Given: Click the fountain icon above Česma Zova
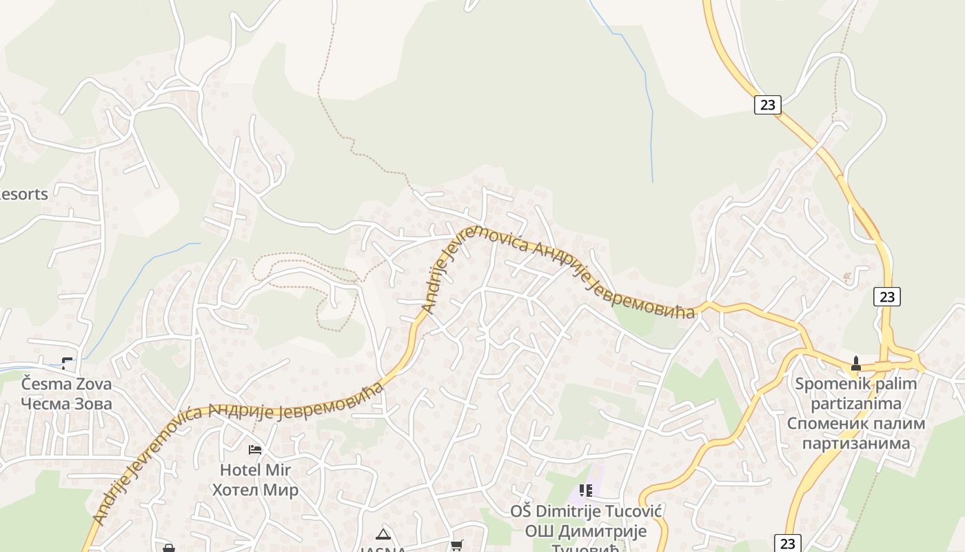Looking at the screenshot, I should pyautogui.click(x=67, y=363).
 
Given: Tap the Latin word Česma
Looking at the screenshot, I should pyautogui.click(x=47, y=384).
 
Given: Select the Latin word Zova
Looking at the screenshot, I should pyautogui.click(x=94, y=384).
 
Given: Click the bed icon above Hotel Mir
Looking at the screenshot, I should pyautogui.click(x=255, y=450).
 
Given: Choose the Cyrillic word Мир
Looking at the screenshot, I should pyautogui.click(x=283, y=490).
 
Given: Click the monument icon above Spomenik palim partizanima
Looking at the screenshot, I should pyautogui.click(x=856, y=364).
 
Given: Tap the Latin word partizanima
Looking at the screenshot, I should pyautogui.click(x=856, y=403).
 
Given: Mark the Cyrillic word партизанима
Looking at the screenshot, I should pyautogui.click(x=856, y=442).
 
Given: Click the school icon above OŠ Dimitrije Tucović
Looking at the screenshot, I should pyautogui.click(x=586, y=491).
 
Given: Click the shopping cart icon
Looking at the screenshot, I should pyautogui.click(x=456, y=546).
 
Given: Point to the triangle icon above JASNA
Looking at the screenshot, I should pyautogui.click(x=383, y=534).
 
